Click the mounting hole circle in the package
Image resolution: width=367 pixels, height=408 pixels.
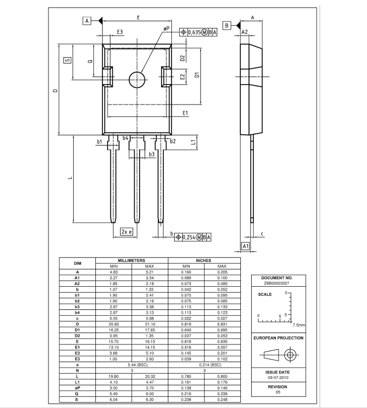(137, 72)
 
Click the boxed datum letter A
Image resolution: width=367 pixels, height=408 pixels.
(87, 20)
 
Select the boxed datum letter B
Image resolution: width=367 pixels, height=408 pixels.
(227, 25)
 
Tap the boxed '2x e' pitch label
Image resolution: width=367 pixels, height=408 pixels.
(127, 232)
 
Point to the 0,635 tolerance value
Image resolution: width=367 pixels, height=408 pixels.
(195, 32)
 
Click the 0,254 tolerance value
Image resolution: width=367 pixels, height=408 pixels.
(189, 237)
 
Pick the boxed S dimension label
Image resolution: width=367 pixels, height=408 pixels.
(67, 60)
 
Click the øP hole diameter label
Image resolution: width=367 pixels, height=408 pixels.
(167, 29)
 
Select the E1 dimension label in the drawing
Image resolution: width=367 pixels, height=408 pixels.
(185, 113)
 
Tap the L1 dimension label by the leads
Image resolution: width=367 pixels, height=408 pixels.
(193, 142)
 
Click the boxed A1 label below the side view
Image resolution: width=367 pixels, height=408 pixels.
(246, 246)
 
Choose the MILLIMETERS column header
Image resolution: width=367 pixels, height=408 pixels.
(131, 260)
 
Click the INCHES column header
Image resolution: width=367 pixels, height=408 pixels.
(203, 260)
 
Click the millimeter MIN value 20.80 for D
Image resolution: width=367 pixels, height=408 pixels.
(113, 324)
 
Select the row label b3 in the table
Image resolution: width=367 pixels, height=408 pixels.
(77, 307)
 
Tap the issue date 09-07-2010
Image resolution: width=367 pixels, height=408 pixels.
(278, 378)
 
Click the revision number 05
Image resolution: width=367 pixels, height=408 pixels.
(278, 392)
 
